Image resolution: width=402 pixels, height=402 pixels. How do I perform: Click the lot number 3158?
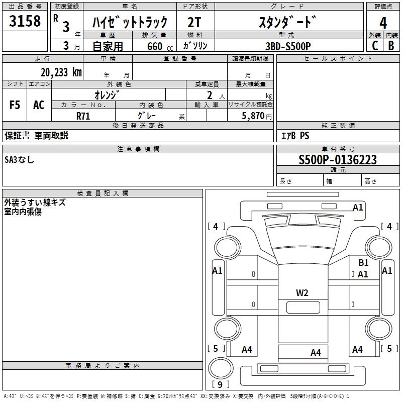tap(25, 22)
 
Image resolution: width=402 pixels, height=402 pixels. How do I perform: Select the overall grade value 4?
tap(383, 23)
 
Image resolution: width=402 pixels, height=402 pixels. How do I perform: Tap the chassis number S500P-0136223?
tap(337, 160)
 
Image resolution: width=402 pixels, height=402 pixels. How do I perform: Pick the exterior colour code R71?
tap(83, 116)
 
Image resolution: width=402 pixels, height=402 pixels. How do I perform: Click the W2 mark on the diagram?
tap(302, 292)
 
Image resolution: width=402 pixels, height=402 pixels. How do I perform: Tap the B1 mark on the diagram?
tap(363, 262)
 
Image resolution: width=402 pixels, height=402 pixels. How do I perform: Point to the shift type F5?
tap(15, 105)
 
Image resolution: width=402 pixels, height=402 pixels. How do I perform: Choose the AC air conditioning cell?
tap(39, 105)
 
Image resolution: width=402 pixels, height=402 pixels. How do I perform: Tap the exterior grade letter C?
tap(374, 46)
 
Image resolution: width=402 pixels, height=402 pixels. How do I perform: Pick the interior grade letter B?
tap(391, 46)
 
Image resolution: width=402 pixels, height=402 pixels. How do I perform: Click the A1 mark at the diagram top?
tap(358, 207)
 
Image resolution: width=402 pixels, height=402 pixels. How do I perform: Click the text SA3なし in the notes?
tap(20, 160)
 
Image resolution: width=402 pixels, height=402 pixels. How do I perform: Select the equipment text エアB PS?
tap(294, 136)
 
